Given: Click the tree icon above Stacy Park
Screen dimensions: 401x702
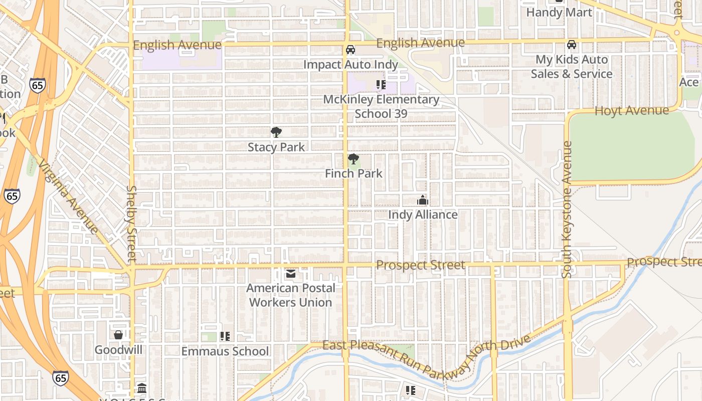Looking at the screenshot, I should pyautogui.click(x=276, y=132).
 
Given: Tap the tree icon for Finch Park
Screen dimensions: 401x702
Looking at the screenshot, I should pyautogui.click(x=354, y=159).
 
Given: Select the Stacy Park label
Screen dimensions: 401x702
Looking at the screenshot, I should pyautogui.click(x=276, y=147).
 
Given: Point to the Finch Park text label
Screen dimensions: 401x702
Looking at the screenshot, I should pyautogui.click(x=354, y=173).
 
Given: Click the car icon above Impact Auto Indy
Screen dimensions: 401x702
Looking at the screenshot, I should pyautogui.click(x=350, y=50).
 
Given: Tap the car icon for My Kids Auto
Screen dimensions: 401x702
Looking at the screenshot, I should pyautogui.click(x=571, y=45).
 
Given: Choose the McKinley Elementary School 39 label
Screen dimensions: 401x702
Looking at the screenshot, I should pyautogui.click(x=381, y=106).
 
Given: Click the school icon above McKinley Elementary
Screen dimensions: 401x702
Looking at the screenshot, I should pyautogui.click(x=381, y=85).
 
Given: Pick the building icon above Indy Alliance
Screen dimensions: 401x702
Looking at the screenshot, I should pyautogui.click(x=423, y=200).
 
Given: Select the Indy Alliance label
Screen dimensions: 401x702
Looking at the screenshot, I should pyautogui.click(x=423, y=215).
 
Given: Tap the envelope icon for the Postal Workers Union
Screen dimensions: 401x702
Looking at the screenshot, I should pyautogui.click(x=291, y=274).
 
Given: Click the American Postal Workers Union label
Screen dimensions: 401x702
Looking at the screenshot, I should pyautogui.click(x=291, y=295).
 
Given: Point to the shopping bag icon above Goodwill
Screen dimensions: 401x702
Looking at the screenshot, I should pyautogui.click(x=118, y=335).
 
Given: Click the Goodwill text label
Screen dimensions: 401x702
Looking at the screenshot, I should pyautogui.click(x=118, y=350).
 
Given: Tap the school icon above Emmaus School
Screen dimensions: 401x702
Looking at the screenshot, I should pyautogui.click(x=225, y=336).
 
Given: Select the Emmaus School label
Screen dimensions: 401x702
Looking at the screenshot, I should pyautogui.click(x=225, y=351).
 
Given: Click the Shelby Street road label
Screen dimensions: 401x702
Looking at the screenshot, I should pyautogui.click(x=132, y=224).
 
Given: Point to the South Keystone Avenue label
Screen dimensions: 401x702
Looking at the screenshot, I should pyautogui.click(x=567, y=210).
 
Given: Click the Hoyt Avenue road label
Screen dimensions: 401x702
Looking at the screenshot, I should pyautogui.click(x=631, y=111).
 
